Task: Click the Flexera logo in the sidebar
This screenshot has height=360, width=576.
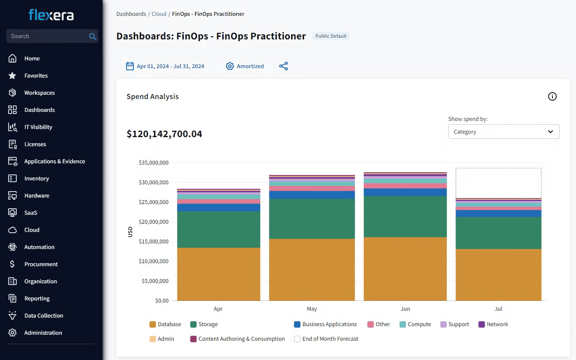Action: coord(51,15)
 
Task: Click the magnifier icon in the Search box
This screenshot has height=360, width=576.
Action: coord(92,36)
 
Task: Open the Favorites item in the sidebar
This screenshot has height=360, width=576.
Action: coord(36,75)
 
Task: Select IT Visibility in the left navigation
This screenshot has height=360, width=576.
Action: coord(38,127)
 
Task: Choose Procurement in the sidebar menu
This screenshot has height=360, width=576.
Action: coord(41,264)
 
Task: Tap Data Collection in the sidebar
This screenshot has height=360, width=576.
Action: coord(43,315)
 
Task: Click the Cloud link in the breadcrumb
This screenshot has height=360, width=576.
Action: coord(159,14)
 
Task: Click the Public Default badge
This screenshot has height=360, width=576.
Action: coord(331,36)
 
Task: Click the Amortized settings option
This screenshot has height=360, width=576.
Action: coord(245,66)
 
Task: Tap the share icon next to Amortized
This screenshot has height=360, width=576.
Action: coord(283,66)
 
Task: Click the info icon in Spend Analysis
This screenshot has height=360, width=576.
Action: coord(552,96)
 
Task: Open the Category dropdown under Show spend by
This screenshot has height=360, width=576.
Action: coord(504,132)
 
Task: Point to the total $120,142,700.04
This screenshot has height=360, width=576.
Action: coord(164,134)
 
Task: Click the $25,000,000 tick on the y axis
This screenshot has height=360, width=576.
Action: coord(154,202)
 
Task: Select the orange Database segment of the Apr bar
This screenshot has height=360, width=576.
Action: coord(219,274)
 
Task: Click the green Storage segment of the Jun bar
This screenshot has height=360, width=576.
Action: coord(405,216)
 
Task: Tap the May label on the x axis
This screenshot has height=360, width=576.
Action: coord(312,309)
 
